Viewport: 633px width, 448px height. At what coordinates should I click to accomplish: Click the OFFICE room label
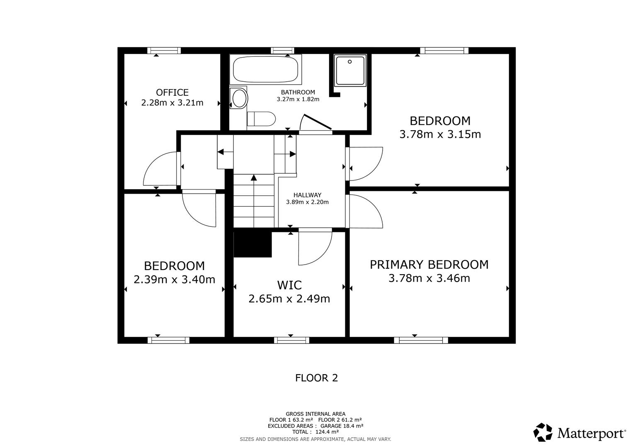(x=172, y=93)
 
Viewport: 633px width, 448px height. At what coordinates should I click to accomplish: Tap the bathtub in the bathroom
(x=265, y=69)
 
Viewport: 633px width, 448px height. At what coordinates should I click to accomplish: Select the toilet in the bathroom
(x=261, y=119)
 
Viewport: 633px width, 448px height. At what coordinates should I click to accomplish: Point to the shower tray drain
(x=350, y=62)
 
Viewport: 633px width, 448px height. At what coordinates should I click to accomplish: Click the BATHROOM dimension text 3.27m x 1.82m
(x=298, y=100)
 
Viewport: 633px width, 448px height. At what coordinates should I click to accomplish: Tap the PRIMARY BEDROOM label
(x=429, y=265)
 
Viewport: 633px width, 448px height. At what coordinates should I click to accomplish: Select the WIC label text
(x=289, y=285)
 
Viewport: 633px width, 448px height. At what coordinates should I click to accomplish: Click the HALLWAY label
(x=307, y=195)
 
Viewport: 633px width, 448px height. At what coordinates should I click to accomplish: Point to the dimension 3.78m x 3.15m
(x=440, y=134)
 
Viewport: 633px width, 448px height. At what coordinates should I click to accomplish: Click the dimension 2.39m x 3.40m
(x=174, y=280)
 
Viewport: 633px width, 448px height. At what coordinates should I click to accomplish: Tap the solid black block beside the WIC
(x=252, y=244)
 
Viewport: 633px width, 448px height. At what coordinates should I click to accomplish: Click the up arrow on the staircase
(x=253, y=178)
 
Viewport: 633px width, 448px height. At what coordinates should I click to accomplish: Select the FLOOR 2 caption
(x=316, y=378)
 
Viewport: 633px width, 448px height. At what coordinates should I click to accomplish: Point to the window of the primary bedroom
(x=421, y=341)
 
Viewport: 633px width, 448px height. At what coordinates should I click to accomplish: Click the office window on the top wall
(x=164, y=51)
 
